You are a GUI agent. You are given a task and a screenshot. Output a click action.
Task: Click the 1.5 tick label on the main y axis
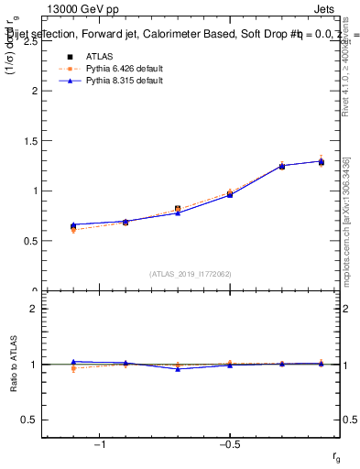click(30, 141)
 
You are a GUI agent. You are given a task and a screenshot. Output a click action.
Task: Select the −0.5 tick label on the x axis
click(229, 445)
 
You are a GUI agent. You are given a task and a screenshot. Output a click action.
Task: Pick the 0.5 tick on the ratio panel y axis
click(30, 420)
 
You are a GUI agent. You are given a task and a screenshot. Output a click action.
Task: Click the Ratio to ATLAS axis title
click(13, 365)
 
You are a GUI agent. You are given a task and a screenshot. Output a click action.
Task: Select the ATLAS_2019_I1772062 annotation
click(191, 273)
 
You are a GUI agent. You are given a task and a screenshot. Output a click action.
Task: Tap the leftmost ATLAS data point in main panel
click(73, 226)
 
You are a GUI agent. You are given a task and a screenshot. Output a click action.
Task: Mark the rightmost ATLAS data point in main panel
click(321, 162)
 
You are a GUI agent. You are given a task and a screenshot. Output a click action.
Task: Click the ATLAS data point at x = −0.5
click(230, 194)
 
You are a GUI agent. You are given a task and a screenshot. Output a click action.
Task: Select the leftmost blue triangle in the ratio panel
click(73, 362)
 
